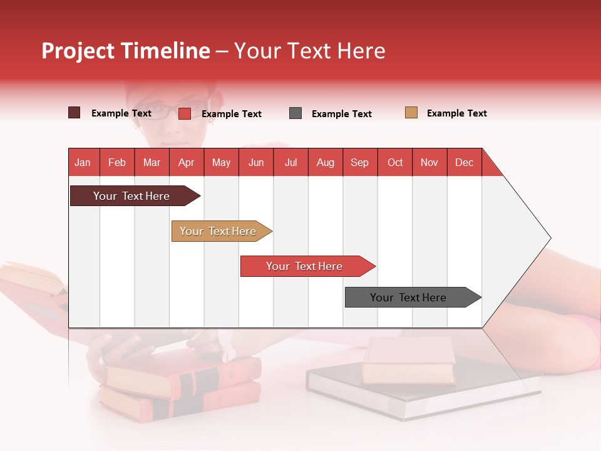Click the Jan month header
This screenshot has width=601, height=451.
[83, 162]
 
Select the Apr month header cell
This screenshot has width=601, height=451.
[187, 162]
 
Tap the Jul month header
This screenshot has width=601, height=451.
[291, 162]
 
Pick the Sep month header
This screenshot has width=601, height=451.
[360, 162]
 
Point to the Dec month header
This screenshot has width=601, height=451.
[464, 162]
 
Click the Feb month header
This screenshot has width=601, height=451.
[117, 162]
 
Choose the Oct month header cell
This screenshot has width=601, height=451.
[395, 162]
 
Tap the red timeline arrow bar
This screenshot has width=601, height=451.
[305, 266]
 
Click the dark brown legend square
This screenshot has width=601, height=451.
[74, 113]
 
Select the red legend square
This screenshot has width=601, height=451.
[185, 113]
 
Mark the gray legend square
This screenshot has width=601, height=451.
[295, 113]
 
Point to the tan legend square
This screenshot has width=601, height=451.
[411, 113]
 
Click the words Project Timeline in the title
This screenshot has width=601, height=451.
[125, 51]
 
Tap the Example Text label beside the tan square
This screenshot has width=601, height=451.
[456, 113]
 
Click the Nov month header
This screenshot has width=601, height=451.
[429, 162]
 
